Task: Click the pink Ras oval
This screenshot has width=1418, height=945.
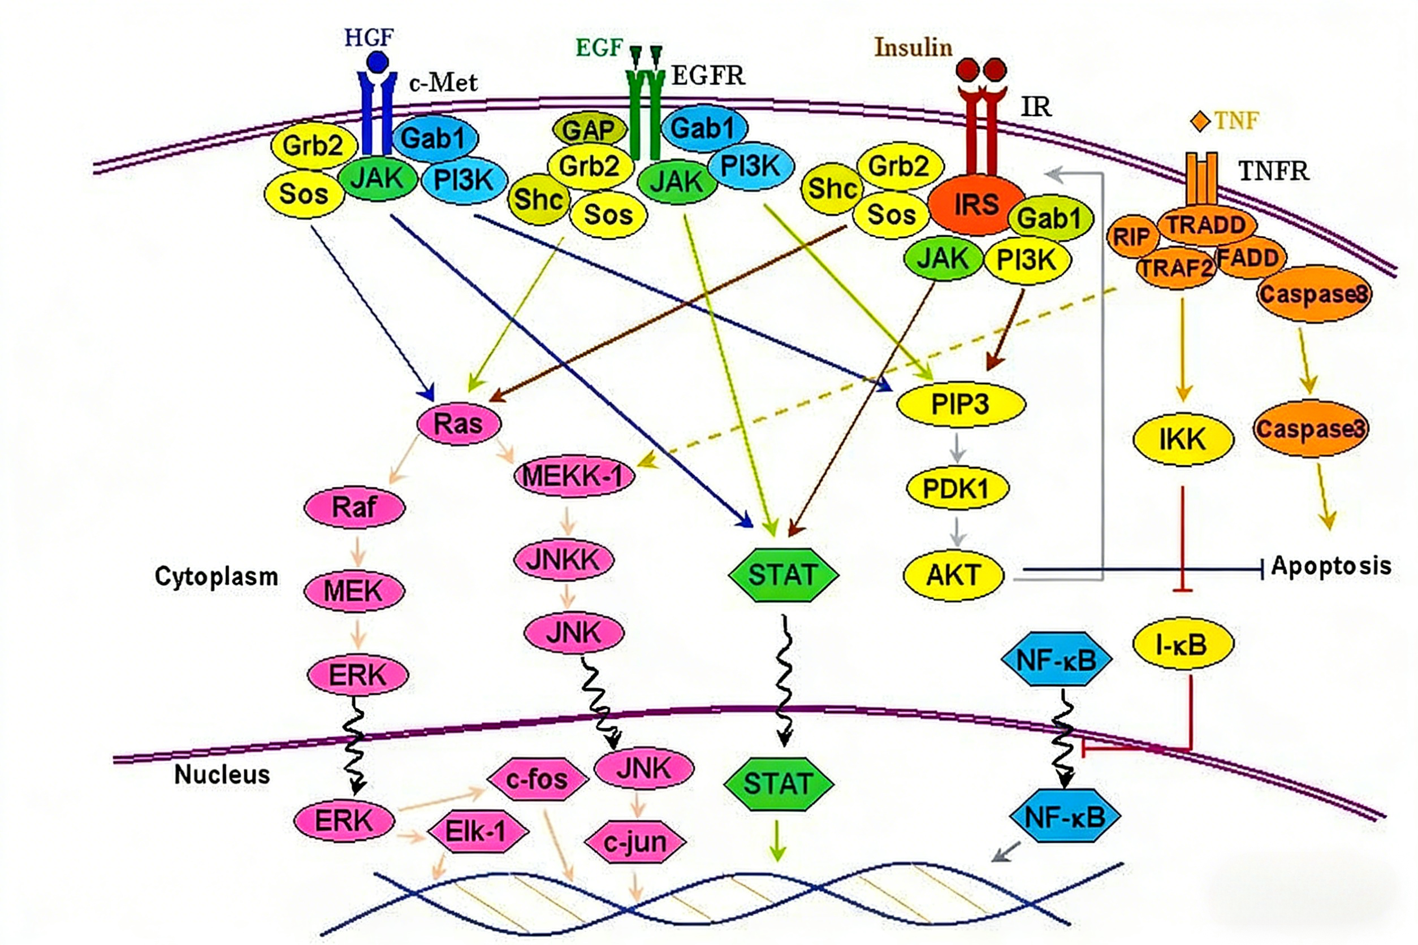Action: point(459,424)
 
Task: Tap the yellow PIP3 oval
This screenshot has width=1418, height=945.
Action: point(961,404)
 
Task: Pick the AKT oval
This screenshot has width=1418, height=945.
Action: point(954,575)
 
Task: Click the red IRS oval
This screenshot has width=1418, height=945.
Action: point(976,205)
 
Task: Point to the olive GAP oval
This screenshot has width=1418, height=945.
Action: point(589,129)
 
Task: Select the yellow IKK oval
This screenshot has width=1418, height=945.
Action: point(1183,439)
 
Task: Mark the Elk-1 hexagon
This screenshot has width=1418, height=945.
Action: point(478,832)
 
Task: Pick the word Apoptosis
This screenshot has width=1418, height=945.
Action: point(1331,565)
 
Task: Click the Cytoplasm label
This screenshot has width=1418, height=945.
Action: point(217,576)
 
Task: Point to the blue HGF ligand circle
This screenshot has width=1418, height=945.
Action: point(378,62)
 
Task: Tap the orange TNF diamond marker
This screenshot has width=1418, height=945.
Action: point(1200,121)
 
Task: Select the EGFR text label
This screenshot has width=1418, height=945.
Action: point(708,76)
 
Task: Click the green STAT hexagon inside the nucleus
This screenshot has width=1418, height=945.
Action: point(779,784)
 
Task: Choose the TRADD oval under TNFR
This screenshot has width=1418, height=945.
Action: point(1207,225)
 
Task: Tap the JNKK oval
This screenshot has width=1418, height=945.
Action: point(564,560)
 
